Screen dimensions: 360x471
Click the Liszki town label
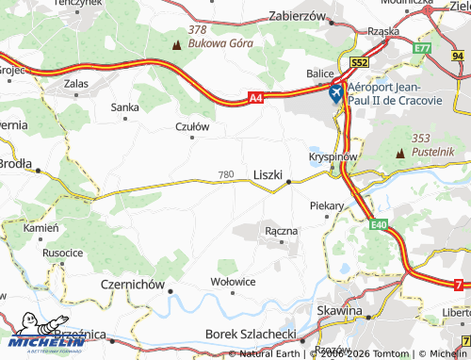[x=268, y=174]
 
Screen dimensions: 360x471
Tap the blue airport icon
[x=336, y=94]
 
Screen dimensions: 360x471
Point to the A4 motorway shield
[x=257, y=96]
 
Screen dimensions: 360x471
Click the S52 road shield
[x=358, y=62]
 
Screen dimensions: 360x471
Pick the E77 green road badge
[x=422, y=47]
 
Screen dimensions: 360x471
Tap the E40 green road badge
[x=379, y=224]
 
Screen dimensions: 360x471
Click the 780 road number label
[x=225, y=174]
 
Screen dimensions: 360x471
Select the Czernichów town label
[x=132, y=283]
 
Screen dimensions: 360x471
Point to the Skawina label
[x=340, y=310]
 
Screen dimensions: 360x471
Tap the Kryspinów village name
[x=332, y=155]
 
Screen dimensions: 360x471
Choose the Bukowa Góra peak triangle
[x=176, y=43]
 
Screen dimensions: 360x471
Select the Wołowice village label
[x=233, y=281]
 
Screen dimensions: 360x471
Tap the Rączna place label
[x=282, y=230]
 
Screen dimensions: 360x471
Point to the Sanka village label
[x=125, y=107]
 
